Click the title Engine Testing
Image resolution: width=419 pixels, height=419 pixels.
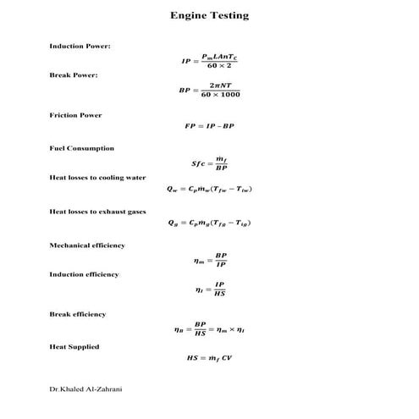[209, 15]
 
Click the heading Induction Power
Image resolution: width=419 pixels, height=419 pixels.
[80, 45]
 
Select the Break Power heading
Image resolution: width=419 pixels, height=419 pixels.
[73, 75]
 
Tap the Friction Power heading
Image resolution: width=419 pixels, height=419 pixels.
[75, 115]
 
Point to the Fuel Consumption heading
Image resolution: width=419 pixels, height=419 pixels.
[81, 148]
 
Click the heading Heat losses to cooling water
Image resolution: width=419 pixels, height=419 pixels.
[97, 178]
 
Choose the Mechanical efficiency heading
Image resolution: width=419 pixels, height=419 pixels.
[86, 245]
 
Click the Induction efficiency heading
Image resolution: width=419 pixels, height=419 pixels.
[84, 274]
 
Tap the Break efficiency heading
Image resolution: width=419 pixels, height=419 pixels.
[77, 314]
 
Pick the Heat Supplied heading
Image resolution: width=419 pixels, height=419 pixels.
[74, 346]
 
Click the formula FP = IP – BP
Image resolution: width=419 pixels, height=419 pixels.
[209, 125]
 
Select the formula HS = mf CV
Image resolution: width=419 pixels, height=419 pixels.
[209, 358]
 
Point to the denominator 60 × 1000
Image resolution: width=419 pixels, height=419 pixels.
[221, 94]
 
